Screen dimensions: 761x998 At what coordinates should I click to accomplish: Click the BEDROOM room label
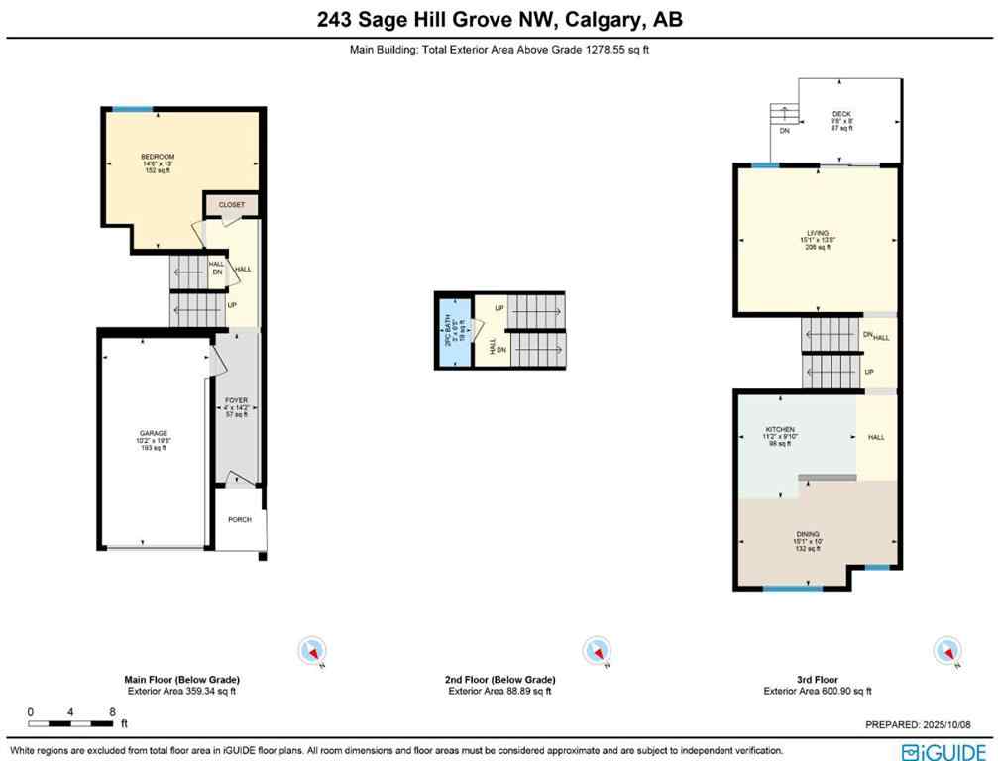pos(158,157)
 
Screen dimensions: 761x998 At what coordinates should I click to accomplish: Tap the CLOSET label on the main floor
pos(232,205)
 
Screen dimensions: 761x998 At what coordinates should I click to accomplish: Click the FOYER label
pos(235,400)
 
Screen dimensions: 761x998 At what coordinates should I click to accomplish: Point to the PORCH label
pos(239,519)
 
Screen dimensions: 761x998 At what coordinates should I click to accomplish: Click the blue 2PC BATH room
pos(454,330)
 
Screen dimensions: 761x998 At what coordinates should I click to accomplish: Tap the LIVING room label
pos(817,233)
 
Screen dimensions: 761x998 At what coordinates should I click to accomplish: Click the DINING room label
pos(817,533)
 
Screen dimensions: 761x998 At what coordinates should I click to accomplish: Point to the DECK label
pos(841,113)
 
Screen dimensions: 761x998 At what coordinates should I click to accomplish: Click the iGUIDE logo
pos(943,750)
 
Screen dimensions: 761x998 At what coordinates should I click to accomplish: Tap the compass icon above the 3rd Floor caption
pos(946,651)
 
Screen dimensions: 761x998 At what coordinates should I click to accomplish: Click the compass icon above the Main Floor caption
pos(311,651)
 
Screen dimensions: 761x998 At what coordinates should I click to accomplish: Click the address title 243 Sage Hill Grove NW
pos(499,19)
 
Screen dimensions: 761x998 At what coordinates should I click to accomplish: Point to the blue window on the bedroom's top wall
pos(132,108)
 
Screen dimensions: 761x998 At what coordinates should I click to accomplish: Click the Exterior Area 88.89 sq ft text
pos(499,691)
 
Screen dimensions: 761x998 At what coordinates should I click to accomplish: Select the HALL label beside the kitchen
pos(875,437)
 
